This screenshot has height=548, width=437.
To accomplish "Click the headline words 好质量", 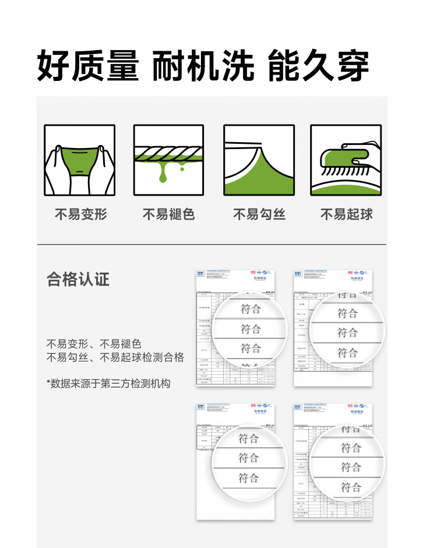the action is click(x=88, y=65).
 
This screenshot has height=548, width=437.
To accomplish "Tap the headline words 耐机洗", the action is click(x=203, y=65).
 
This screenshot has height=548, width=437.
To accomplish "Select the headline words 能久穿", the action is click(x=318, y=65).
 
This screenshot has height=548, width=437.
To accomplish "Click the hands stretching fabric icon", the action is click(x=80, y=160).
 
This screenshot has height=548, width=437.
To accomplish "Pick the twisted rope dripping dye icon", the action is click(x=169, y=160).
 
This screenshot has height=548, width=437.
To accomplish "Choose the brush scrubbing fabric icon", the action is click(x=346, y=160).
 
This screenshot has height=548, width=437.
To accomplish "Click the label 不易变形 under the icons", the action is click(x=80, y=214).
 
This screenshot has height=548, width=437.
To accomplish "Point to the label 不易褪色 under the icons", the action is click(x=168, y=214).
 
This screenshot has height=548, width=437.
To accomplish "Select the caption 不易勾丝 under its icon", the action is click(x=259, y=214).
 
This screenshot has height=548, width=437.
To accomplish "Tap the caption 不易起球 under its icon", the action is click(x=346, y=214).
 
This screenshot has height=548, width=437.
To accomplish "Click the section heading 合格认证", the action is click(x=78, y=280).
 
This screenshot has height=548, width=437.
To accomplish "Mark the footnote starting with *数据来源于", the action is click(x=108, y=383).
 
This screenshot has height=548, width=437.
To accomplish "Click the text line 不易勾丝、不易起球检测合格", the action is click(x=115, y=357).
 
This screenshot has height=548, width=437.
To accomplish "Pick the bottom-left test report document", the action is click(x=235, y=460).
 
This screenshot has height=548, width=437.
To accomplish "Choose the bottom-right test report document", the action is click(x=333, y=460).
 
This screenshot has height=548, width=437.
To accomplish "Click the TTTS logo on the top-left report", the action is click(x=200, y=274).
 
